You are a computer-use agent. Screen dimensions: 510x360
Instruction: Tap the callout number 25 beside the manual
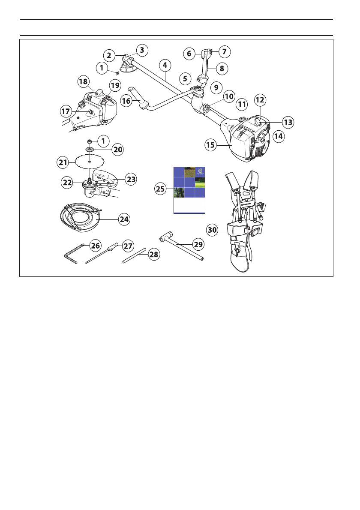(x=161, y=188)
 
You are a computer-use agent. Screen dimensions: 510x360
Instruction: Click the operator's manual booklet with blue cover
(x=189, y=190)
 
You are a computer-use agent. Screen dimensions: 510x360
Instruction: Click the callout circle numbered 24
(x=124, y=219)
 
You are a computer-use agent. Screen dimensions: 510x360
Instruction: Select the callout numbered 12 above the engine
(x=260, y=99)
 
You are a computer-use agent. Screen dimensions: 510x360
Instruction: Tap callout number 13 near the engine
(x=288, y=122)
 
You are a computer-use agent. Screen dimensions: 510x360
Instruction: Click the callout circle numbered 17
(x=66, y=111)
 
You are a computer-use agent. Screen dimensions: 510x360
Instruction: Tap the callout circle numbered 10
(x=229, y=96)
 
